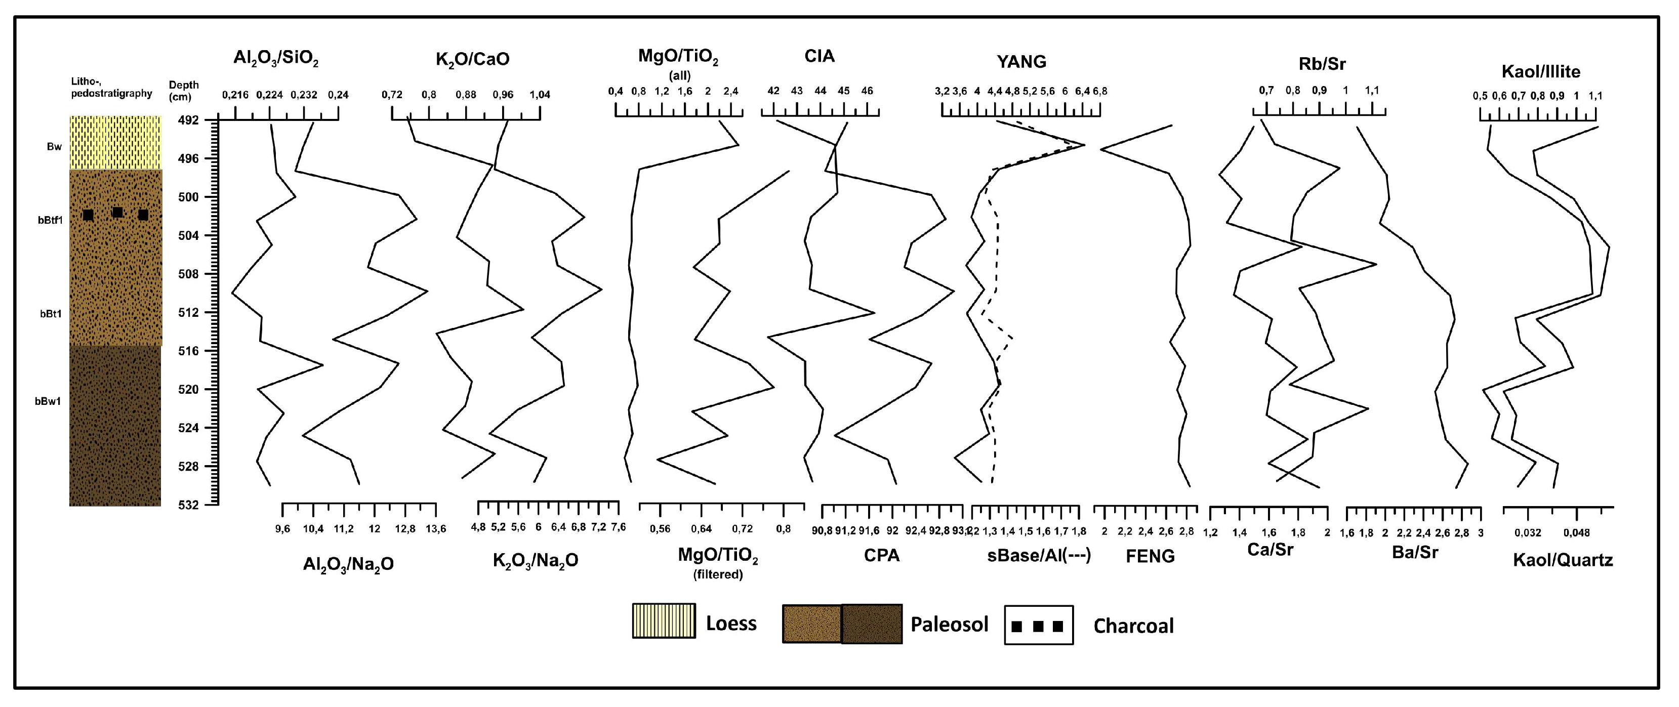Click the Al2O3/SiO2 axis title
pos(276,59)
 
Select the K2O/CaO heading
pos(473,59)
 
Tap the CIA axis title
pos(820,56)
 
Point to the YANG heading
pos(1021,62)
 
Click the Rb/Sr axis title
pos(1322,64)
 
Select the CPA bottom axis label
pos(882,556)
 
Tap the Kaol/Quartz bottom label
pos(1563,560)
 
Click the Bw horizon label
pos(54,147)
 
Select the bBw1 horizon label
pos(48,401)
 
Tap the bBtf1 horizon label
pos(50,220)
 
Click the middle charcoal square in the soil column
pos(117,213)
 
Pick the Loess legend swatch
pos(664,620)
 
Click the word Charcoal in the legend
pos(1133,626)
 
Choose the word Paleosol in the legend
pos(949,624)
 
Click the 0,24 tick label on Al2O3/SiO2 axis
pos(338,95)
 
